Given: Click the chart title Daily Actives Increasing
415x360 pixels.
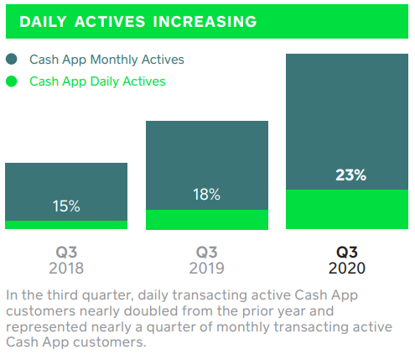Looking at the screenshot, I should (x=137, y=20).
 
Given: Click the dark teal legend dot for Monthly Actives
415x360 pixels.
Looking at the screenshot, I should (x=11, y=60).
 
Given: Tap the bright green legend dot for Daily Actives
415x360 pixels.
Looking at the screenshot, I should (x=11, y=81).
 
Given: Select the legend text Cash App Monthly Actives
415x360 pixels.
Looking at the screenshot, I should (x=106, y=60).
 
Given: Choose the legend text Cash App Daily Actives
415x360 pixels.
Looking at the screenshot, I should (x=97, y=81).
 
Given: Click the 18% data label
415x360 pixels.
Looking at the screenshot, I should (x=206, y=194).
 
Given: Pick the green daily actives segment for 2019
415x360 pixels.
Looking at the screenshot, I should (x=206, y=220).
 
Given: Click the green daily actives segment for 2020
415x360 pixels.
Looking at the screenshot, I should (x=347, y=209).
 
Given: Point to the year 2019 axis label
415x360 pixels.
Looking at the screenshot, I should (x=206, y=268).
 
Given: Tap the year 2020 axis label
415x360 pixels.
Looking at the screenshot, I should (x=347, y=268).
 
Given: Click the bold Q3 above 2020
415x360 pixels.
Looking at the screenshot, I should (x=347, y=252).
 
